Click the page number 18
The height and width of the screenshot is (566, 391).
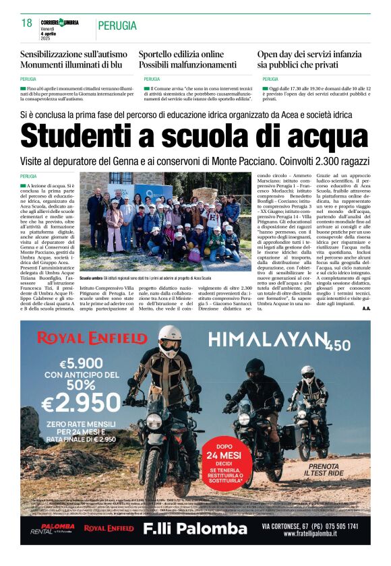click(26, 24)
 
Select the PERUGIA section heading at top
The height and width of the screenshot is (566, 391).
click(117, 26)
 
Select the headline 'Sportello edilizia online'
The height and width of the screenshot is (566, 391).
click(181, 54)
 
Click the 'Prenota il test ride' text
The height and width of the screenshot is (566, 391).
click(330, 470)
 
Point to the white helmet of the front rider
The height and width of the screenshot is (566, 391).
click(169, 341)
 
